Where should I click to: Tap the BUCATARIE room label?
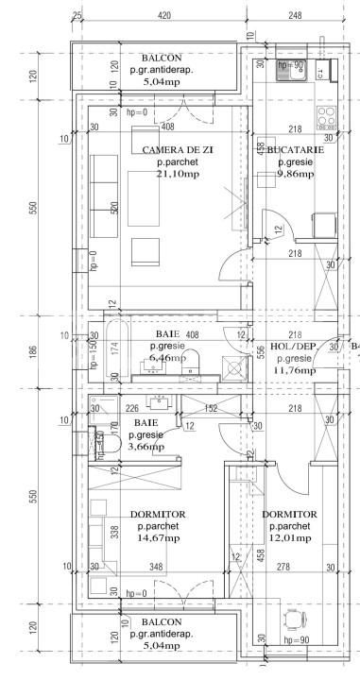(294, 150)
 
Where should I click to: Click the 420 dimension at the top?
(163, 16)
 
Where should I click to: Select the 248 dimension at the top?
(295, 16)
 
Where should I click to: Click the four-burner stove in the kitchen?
(326, 119)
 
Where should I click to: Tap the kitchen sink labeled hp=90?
(284, 68)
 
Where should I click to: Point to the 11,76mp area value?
(293, 359)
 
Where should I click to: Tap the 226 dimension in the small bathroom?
(132, 408)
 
